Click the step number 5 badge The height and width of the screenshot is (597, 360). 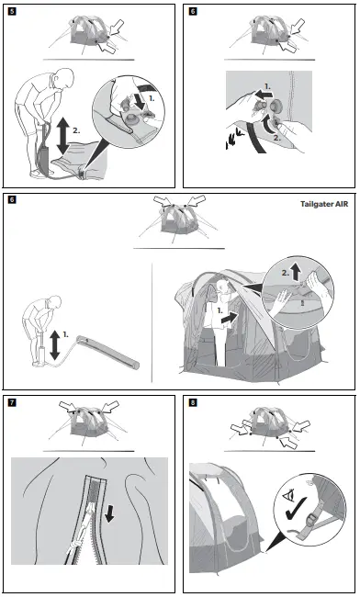pos(12,11)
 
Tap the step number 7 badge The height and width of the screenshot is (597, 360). pos(12,402)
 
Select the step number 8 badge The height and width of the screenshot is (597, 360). pos(193,402)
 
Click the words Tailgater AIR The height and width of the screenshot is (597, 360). pos(324,204)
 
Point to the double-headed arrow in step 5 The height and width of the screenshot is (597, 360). pos(63,136)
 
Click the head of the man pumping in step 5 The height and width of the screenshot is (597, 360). pos(64,77)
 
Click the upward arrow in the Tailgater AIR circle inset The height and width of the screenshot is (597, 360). pos(296,273)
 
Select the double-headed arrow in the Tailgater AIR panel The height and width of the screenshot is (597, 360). pos(55,345)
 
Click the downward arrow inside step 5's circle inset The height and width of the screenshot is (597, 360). pos(140,100)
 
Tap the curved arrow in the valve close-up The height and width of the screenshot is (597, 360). pos(269,122)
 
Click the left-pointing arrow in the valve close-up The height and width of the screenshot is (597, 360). pos(264,94)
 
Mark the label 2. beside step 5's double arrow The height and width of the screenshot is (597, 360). pos(76,130)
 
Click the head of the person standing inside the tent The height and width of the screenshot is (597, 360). pos(224,287)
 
